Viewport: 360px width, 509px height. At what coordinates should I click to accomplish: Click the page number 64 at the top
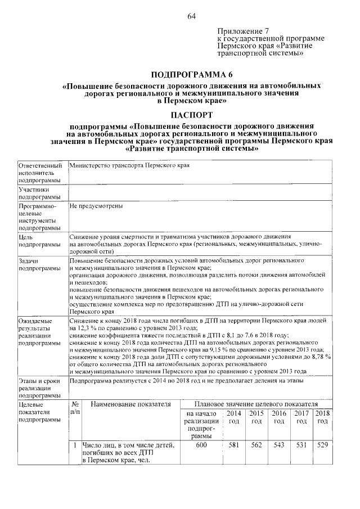(x=191, y=15)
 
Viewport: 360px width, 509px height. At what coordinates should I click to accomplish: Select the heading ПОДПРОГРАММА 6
(x=192, y=74)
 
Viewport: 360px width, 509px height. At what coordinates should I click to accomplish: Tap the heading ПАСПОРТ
(x=192, y=114)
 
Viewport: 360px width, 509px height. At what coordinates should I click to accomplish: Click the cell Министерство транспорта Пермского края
(x=129, y=166)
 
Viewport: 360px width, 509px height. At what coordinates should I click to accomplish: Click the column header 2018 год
(x=322, y=417)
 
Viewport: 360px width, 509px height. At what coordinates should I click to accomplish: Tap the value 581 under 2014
(x=233, y=446)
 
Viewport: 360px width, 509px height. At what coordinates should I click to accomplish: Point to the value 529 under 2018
(x=322, y=446)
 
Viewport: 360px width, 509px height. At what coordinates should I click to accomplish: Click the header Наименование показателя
(x=130, y=404)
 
